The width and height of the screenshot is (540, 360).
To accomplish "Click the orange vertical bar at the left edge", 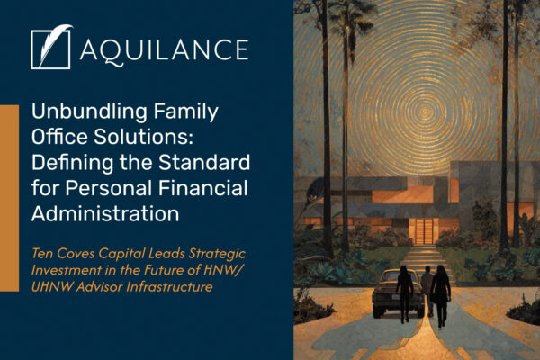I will click(x=9, y=197).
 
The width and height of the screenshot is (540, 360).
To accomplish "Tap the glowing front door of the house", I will click(x=421, y=229).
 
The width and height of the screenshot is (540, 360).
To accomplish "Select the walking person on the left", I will click(x=406, y=291).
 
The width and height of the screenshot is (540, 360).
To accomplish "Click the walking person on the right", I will click(x=441, y=293).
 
